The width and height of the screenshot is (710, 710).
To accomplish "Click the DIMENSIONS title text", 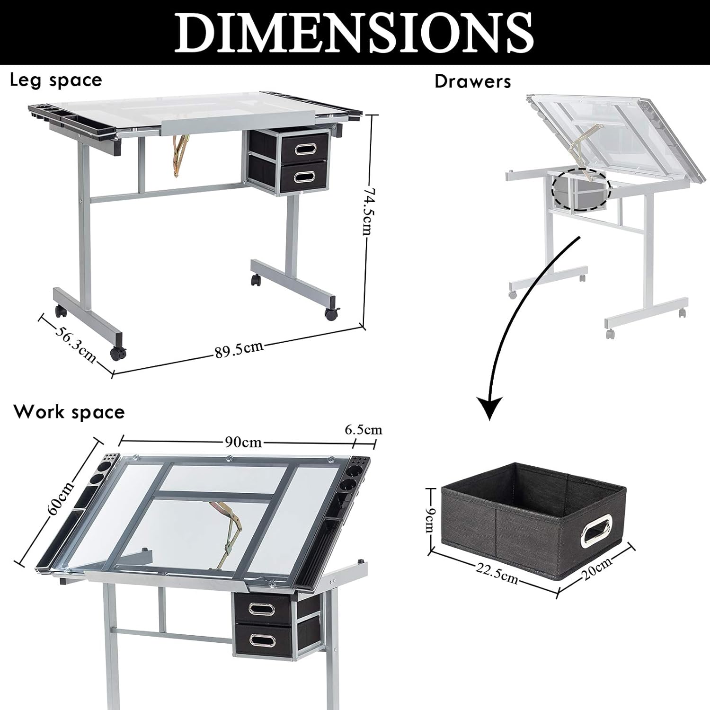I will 355,32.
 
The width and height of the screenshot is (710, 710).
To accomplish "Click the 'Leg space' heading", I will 56,80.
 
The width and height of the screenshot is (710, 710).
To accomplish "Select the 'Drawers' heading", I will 473,81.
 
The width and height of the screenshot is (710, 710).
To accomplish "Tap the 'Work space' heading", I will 69,412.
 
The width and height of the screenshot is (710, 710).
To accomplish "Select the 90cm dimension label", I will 243,442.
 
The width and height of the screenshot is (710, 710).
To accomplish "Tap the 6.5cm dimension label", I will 363,430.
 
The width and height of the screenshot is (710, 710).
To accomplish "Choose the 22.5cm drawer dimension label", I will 497,574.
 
